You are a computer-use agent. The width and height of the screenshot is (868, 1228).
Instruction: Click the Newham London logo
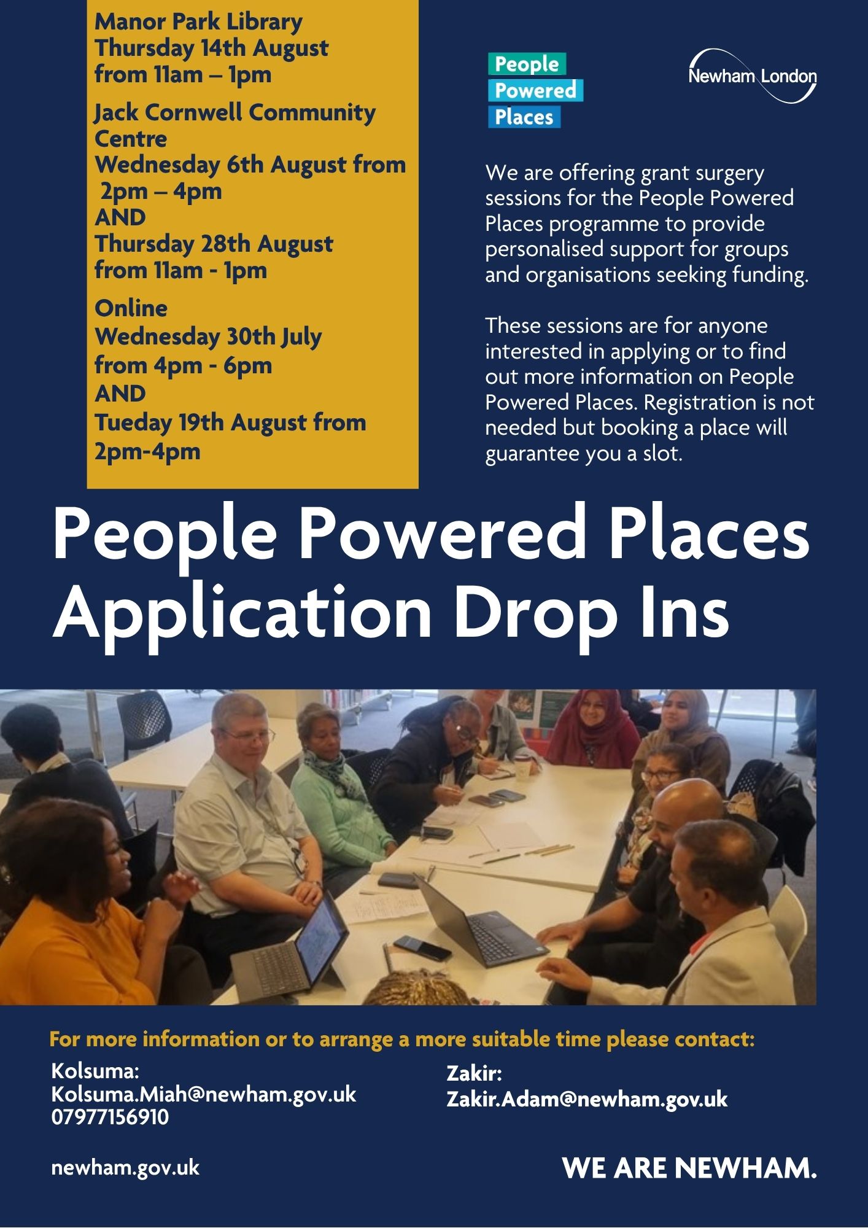pos(753,76)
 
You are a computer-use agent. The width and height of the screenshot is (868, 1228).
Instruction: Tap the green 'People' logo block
pos(527,64)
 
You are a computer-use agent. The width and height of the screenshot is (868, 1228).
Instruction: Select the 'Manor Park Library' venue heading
pos(198,22)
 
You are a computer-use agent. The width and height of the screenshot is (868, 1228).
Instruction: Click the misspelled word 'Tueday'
pos(133,422)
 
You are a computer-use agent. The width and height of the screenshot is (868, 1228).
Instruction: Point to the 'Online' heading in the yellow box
pos(131,308)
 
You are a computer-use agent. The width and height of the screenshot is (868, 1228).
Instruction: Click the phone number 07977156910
pos(110,1117)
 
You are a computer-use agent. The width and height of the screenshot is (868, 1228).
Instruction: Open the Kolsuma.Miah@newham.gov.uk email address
pos(204,1094)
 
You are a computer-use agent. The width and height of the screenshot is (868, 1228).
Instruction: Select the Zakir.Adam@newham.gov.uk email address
pos(587,1098)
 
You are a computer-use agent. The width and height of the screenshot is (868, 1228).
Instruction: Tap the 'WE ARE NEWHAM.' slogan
pos(689,1167)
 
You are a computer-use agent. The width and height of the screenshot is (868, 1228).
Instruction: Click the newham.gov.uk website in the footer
pos(125,1167)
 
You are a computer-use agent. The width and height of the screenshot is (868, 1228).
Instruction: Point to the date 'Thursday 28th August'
pos(214,244)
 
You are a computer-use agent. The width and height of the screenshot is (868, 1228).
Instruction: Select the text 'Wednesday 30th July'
pos(208,336)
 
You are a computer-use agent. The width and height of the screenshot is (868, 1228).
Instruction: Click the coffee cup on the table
pos(522,768)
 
